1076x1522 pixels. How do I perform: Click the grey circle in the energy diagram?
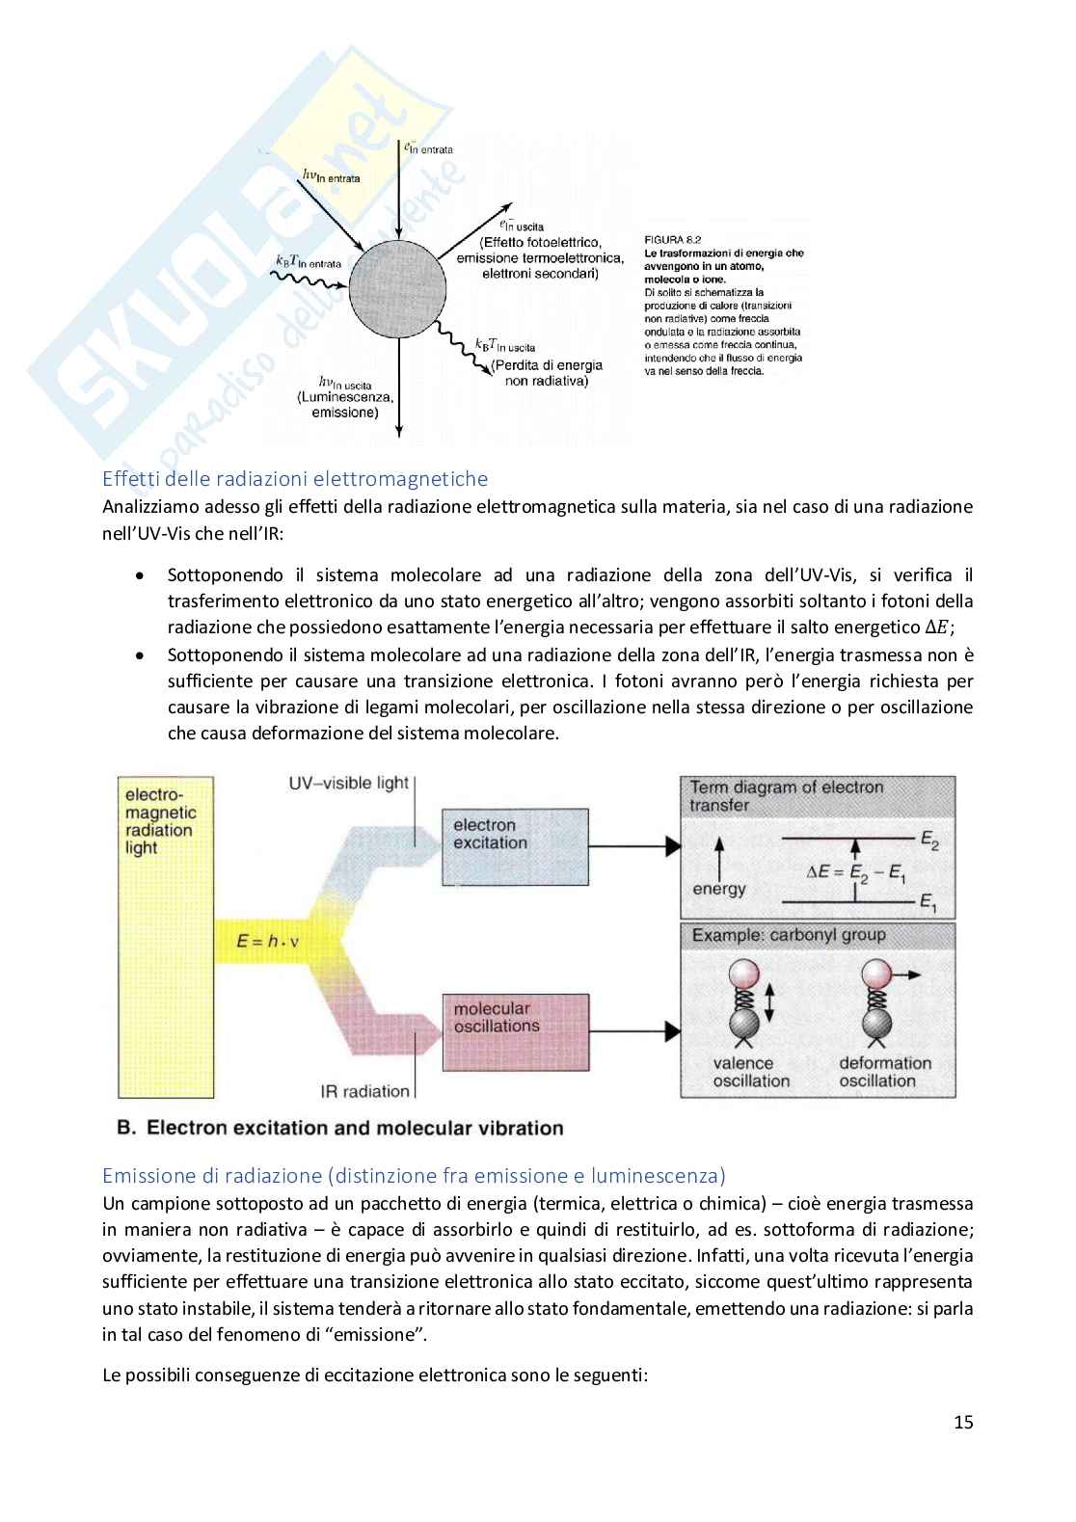(x=396, y=288)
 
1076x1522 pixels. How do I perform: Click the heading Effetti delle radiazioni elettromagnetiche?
(x=295, y=478)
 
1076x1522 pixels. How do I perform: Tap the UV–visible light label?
(x=349, y=783)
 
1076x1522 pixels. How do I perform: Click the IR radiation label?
(x=364, y=1091)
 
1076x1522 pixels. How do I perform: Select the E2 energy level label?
(x=928, y=843)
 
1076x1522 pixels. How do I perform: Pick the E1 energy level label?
(x=928, y=903)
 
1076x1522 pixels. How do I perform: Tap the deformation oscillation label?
(x=884, y=1072)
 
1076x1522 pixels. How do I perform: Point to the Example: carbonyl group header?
(x=788, y=935)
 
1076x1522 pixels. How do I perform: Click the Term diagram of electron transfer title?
(x=786, y=796)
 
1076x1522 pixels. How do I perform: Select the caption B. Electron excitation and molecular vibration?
(x=339, y=1127)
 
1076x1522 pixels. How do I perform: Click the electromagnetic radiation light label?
(x=159, y=821)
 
